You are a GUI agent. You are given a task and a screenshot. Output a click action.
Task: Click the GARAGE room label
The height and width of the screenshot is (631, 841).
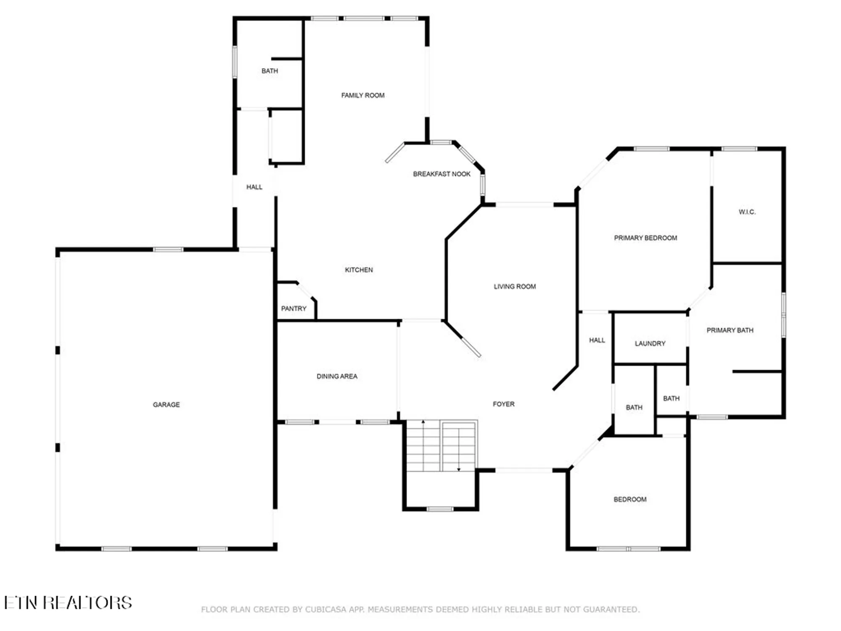[x=166, y=405]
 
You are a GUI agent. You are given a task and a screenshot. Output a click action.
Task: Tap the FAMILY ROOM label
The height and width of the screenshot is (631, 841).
[x=362, y=95]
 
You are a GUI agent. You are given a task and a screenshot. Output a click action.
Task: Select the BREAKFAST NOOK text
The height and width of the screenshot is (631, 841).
[x=442, y=174]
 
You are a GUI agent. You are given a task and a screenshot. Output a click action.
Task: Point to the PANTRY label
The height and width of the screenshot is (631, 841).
[x=294, y=309]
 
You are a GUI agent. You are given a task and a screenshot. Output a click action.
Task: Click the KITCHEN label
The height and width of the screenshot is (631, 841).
[x=359, y=270]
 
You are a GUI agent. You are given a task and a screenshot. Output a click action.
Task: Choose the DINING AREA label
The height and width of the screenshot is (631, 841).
[x=337, y=376]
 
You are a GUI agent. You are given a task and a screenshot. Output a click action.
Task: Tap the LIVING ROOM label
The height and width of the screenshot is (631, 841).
[x=515, y=286]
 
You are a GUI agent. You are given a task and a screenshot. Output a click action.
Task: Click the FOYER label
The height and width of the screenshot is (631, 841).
[x=503, y=404]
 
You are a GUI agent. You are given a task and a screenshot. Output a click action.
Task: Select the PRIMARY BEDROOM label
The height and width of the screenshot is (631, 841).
[x=645, y=238]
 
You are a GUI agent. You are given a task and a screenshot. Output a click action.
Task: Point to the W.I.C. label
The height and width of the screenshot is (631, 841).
[x=747, y=212]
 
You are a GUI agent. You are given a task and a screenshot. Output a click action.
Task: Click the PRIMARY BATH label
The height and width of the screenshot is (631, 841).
[x=730, y=331]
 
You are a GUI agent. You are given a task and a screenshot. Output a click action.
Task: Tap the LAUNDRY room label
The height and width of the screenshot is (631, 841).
[x=650, y=344]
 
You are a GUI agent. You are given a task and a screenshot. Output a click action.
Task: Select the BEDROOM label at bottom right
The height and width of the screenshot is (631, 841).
[x=630, y=500]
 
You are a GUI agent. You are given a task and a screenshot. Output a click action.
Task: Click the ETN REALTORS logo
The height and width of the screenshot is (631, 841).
[x=68, y=603]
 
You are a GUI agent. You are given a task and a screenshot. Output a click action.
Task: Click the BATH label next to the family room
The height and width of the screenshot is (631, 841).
[x=270, y=71]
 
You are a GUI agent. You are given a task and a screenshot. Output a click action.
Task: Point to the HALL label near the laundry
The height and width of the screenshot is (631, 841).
[x=597, y=340]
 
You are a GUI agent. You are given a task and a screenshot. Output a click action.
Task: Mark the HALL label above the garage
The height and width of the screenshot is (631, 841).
[x=254, y=187]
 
